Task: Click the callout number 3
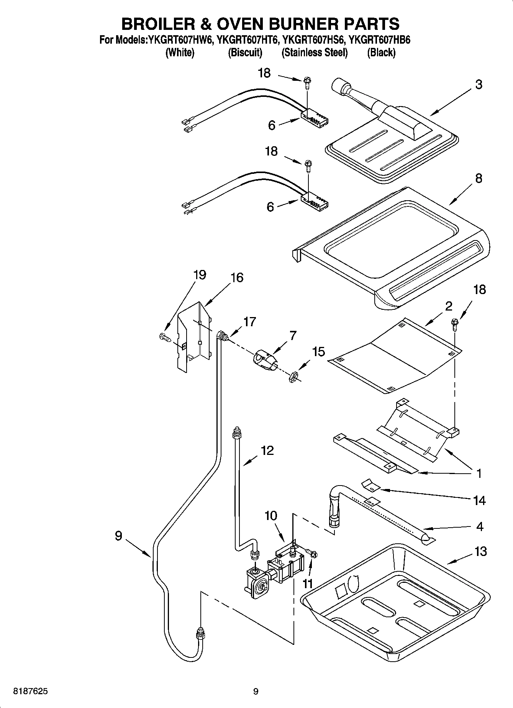pyautogui.click(x=479, y=84)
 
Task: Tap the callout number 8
pyautogui.click(x=478, y=178)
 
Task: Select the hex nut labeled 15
pyautogui.click(x=292, y=376)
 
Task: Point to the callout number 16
pyautogui.click(x=237, y=277)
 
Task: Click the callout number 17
pyautogui.click(x=249, y=322)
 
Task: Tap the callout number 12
pyautogui.click(x=267, y=450)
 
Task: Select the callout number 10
pyautogui.click(x=270, y=515)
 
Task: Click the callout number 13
pyautogui.click(x=480, y=551)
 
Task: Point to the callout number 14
pyautogui.click(x=479, y=500)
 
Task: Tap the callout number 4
pyautogui.click(x=480, y=527)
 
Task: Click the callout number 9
pyautogui.click(x=118, y=535)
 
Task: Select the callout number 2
pyautogui.click(x=448, y=306)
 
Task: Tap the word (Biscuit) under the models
pyautogui.click(x=245, y=52)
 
